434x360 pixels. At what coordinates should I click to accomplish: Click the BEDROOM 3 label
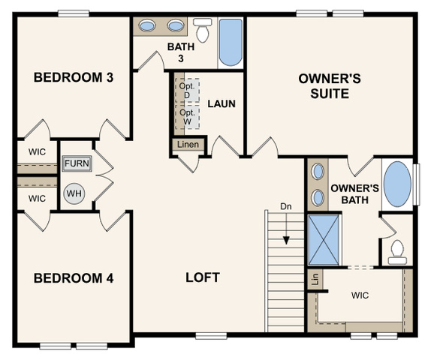pos(74,77)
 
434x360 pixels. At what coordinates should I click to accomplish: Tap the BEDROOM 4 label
pos(74,278)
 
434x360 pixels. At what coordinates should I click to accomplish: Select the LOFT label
pos(203,277)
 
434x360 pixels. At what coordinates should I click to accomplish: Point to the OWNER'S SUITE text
pos(330,86)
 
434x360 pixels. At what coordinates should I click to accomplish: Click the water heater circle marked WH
pos(74,193)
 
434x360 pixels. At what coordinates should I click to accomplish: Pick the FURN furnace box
pos(77,163)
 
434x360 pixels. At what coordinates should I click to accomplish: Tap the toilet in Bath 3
pos(202,30)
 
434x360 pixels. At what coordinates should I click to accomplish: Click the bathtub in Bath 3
pos(231,42)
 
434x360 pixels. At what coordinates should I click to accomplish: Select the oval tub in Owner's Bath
pos(397,184)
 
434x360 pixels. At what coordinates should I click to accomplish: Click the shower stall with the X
pos(324,240)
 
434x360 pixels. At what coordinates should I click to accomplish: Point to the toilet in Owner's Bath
pos(397,252)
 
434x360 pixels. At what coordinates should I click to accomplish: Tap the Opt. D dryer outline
pos(188,91)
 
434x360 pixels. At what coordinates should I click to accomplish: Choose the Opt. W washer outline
pos(188,117)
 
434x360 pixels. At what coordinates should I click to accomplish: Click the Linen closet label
pos(188,144)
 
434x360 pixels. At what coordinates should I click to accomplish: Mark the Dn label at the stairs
pos(286,206)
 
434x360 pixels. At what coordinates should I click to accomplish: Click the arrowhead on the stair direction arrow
pos(286,241)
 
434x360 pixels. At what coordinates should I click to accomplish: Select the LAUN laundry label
pos(222,104)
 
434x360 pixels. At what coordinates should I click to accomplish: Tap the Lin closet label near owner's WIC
pos(315,279)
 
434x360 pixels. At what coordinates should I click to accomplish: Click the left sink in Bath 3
pos(147,25)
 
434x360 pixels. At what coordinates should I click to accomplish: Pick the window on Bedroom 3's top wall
pos(74,13)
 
